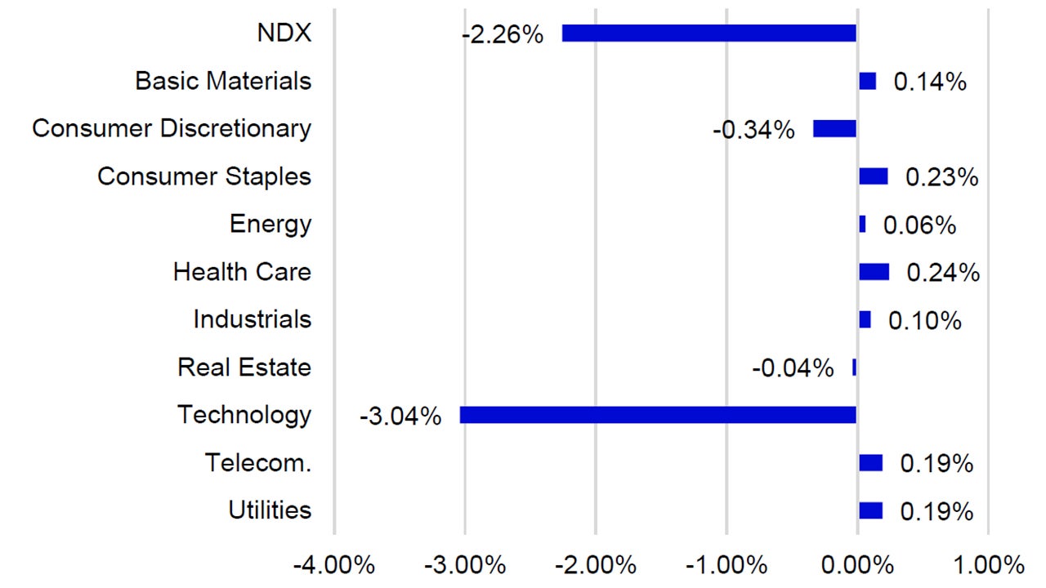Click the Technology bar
tap(658, 415)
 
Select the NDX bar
tap(709, 33)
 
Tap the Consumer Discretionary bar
tap(834, 129)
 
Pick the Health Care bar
tap(874, 272)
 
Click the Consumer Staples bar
tap(873, 176)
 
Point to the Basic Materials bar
tap(867, 81)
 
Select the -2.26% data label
tap(502, 35)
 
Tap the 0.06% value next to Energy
tap(919, 225)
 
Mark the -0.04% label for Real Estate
tap(793, 368)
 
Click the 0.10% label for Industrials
tap(924, 321)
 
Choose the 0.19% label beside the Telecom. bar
tap(936, 464)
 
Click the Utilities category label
tap(270, 510)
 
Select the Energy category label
tap(270, 224)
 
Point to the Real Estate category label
tap(244, 367)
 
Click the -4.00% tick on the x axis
tap(334, 565)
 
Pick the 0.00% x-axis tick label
tap(856, 565)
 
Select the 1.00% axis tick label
tap(988, 565)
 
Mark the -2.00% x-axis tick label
tap(596, 565)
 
